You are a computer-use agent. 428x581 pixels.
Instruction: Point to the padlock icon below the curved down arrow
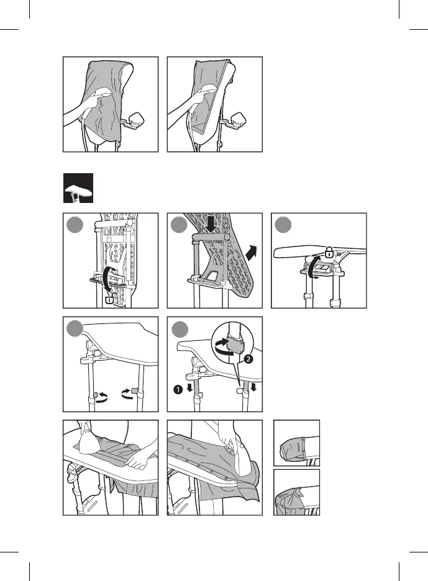110,300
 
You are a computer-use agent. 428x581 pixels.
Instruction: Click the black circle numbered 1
176,390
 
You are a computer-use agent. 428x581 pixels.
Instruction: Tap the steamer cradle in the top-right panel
240,120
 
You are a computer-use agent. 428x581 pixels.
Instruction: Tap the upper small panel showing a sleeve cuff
297,443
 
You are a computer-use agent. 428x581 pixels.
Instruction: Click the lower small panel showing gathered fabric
297,492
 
